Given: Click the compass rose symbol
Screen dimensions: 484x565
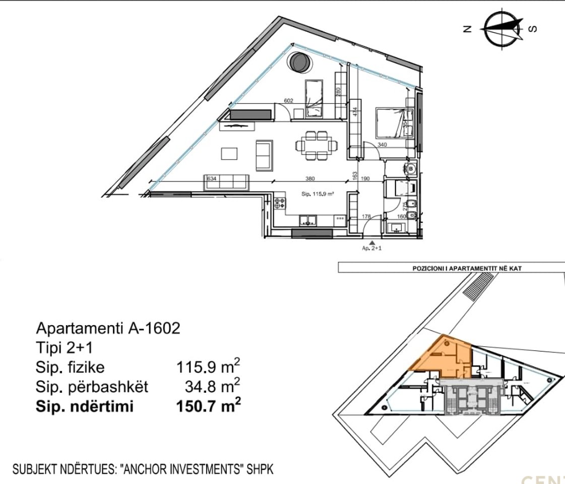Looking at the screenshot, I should coord(501,28).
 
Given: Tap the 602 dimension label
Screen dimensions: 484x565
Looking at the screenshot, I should coord(289,100).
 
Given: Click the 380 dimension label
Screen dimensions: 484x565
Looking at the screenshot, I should coord(310,178).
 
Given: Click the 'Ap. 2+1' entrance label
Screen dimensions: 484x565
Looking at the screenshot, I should coord(371,249).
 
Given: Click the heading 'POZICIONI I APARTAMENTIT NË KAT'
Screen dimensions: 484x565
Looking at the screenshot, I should coord(467,268).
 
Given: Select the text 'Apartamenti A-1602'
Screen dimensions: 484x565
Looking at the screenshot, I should coord(108,328).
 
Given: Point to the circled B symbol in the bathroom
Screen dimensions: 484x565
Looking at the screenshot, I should coord(411,168).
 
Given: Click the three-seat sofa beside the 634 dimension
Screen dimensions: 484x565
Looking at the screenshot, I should coord(227,182).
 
